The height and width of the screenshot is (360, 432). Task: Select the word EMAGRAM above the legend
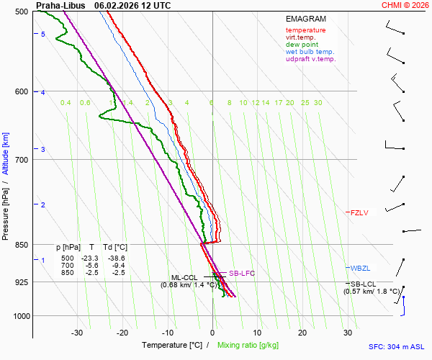point(305,19)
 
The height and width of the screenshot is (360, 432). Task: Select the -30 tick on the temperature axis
point(77,333)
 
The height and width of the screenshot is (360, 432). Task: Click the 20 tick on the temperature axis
point(302,333)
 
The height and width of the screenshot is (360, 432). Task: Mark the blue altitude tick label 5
point(42,35)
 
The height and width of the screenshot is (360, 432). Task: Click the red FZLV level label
point(359,212)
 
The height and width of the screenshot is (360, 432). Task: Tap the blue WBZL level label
point(359,269)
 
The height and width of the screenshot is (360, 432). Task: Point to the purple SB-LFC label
point(242,273)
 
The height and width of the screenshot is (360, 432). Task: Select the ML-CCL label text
point(184,277)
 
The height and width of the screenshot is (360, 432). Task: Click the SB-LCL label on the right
point(363,284)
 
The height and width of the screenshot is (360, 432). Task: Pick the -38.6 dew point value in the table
point(116,258)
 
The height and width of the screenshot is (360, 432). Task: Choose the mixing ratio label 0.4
point(66,103)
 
